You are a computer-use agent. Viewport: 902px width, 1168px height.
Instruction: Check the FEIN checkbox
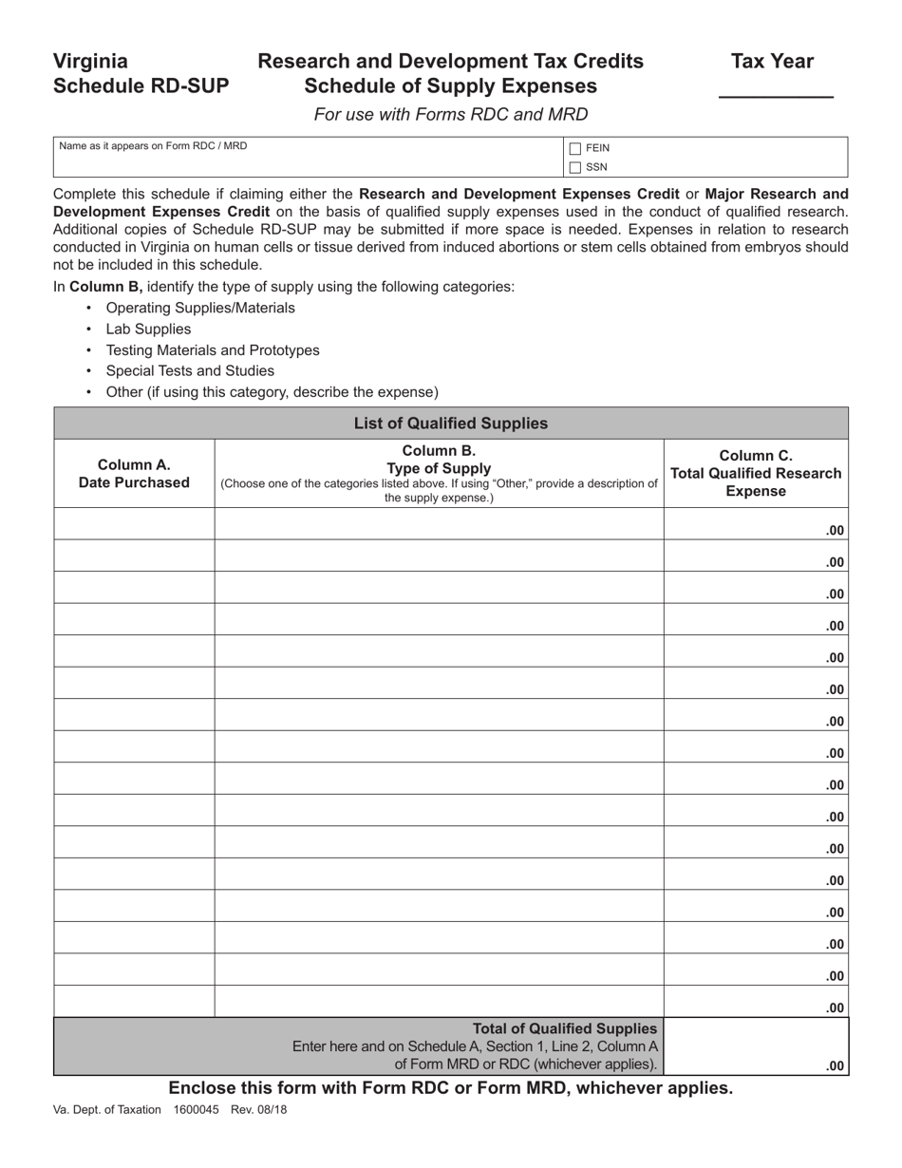(575, 148)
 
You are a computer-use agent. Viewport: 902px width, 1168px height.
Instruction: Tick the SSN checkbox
(575, 167)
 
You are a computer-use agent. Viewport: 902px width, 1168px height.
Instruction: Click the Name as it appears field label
(153, 146)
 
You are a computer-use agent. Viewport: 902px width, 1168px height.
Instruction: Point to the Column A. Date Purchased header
(134, 474)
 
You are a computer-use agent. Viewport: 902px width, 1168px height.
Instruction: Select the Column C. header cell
(756, 473)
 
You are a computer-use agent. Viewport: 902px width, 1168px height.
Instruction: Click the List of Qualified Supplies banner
(451, 424)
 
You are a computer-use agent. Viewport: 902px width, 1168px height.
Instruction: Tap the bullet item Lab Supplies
(148, 330)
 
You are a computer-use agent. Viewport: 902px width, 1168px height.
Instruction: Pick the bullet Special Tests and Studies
(190, 371)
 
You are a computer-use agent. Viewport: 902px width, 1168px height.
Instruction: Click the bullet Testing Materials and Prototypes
(213, 350)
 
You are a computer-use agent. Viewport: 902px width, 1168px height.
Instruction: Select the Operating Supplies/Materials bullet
(200, 309)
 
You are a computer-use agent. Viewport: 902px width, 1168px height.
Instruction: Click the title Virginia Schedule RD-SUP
(141, 74)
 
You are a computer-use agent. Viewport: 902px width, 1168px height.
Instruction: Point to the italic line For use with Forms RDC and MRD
(451, 115)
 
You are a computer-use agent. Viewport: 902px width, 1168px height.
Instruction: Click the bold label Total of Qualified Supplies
(565, 1028)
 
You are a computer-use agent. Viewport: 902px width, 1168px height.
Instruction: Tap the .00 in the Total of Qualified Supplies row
(835, 1066)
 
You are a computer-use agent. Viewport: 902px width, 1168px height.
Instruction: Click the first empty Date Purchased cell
(134, 524)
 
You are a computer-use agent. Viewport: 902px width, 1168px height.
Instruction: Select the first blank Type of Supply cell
(439, 524)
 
